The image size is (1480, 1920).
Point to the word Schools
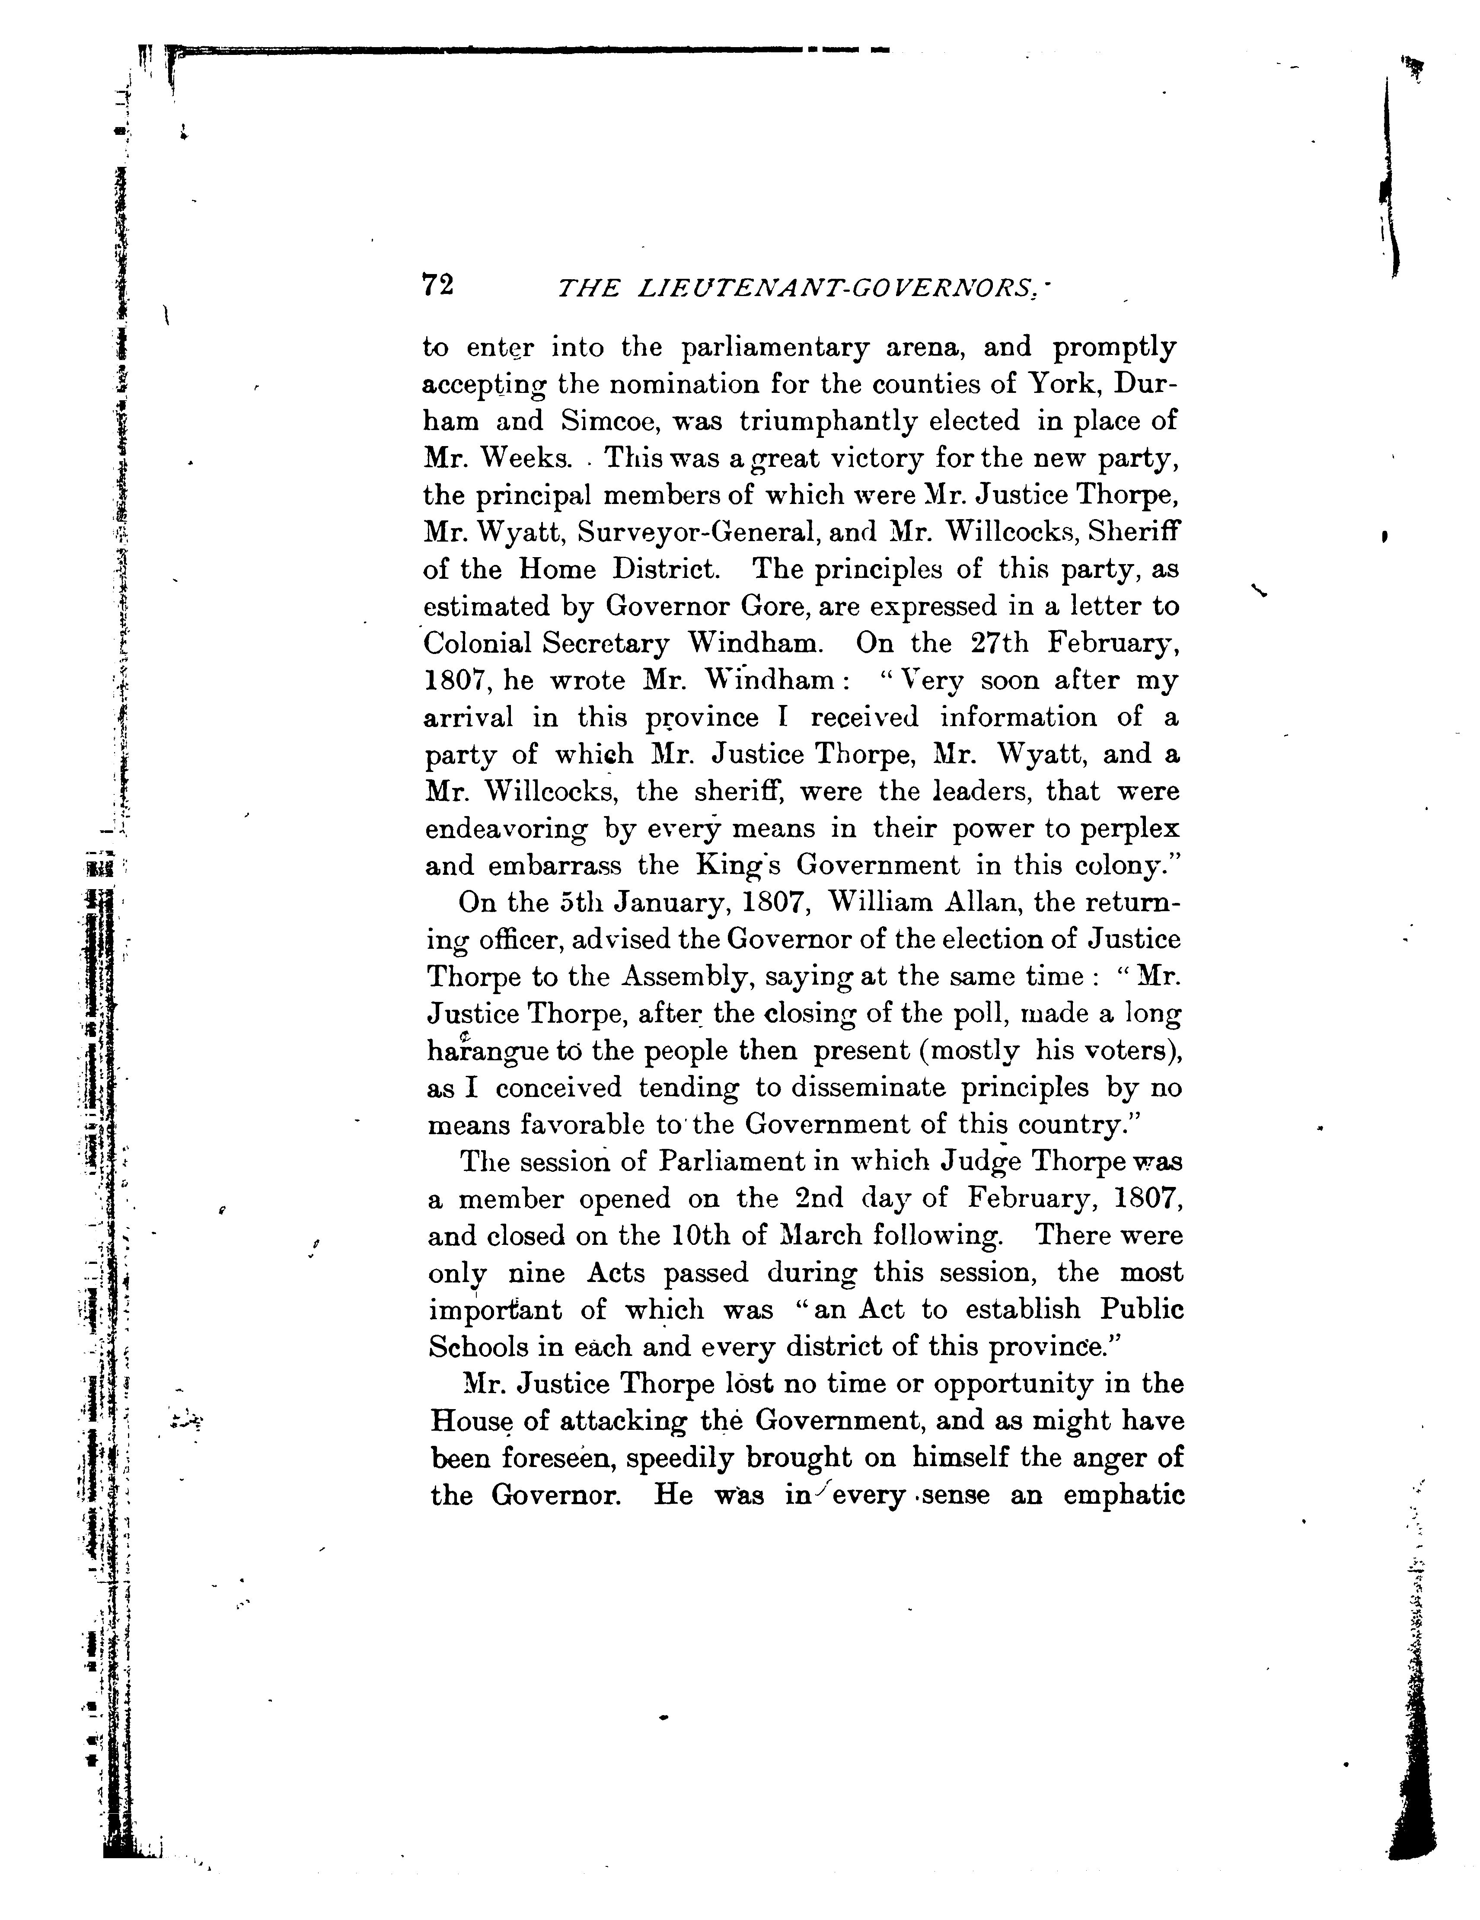tap(478, 1348)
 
